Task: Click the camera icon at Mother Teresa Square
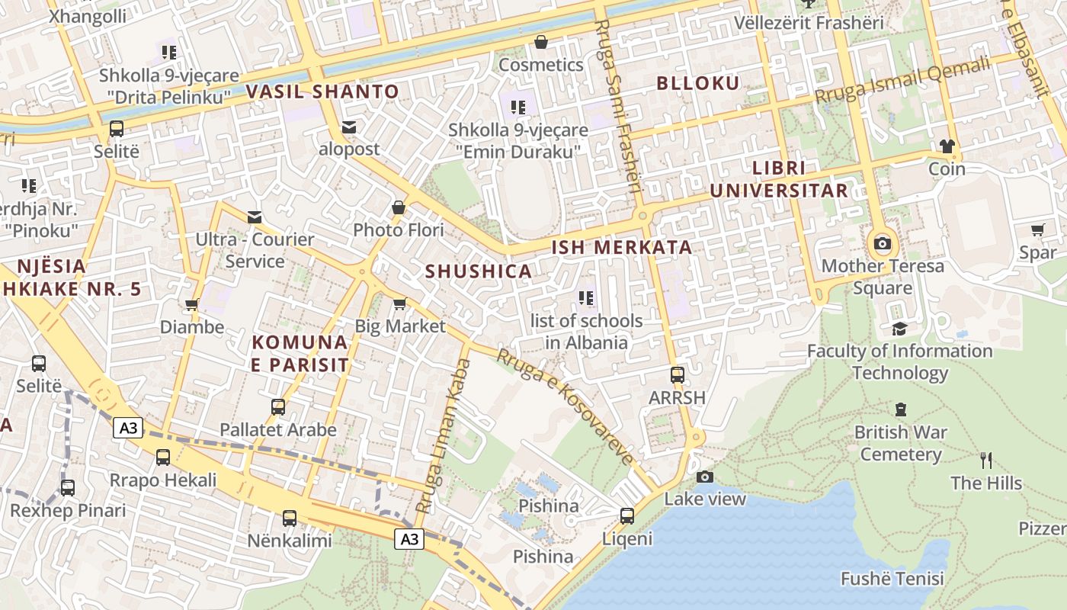tap(883, 244)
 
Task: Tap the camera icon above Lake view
tap(705, 477)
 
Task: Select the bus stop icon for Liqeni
tap(627, 516)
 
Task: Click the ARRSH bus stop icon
tap(677, 375)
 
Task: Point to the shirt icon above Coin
tap(947, 146)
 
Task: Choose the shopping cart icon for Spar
tap(1037, 230)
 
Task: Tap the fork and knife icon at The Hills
tap(986, 461)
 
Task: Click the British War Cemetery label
tap(900, 443)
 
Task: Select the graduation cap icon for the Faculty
tap(899, 329)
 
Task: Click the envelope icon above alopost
tap(349, 127)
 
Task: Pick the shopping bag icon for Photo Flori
tap(398, 207)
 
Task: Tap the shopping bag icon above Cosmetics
tap(541, 42)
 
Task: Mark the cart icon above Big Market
tap(399, 304)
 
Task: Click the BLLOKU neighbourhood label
tap(698, 84)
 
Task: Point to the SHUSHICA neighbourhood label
tap(478, 271)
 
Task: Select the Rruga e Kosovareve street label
tap(566, 406)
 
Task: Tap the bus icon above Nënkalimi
tap(290, 518)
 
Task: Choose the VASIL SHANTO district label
tap(322, 92)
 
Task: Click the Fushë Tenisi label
tap(892, 579)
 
